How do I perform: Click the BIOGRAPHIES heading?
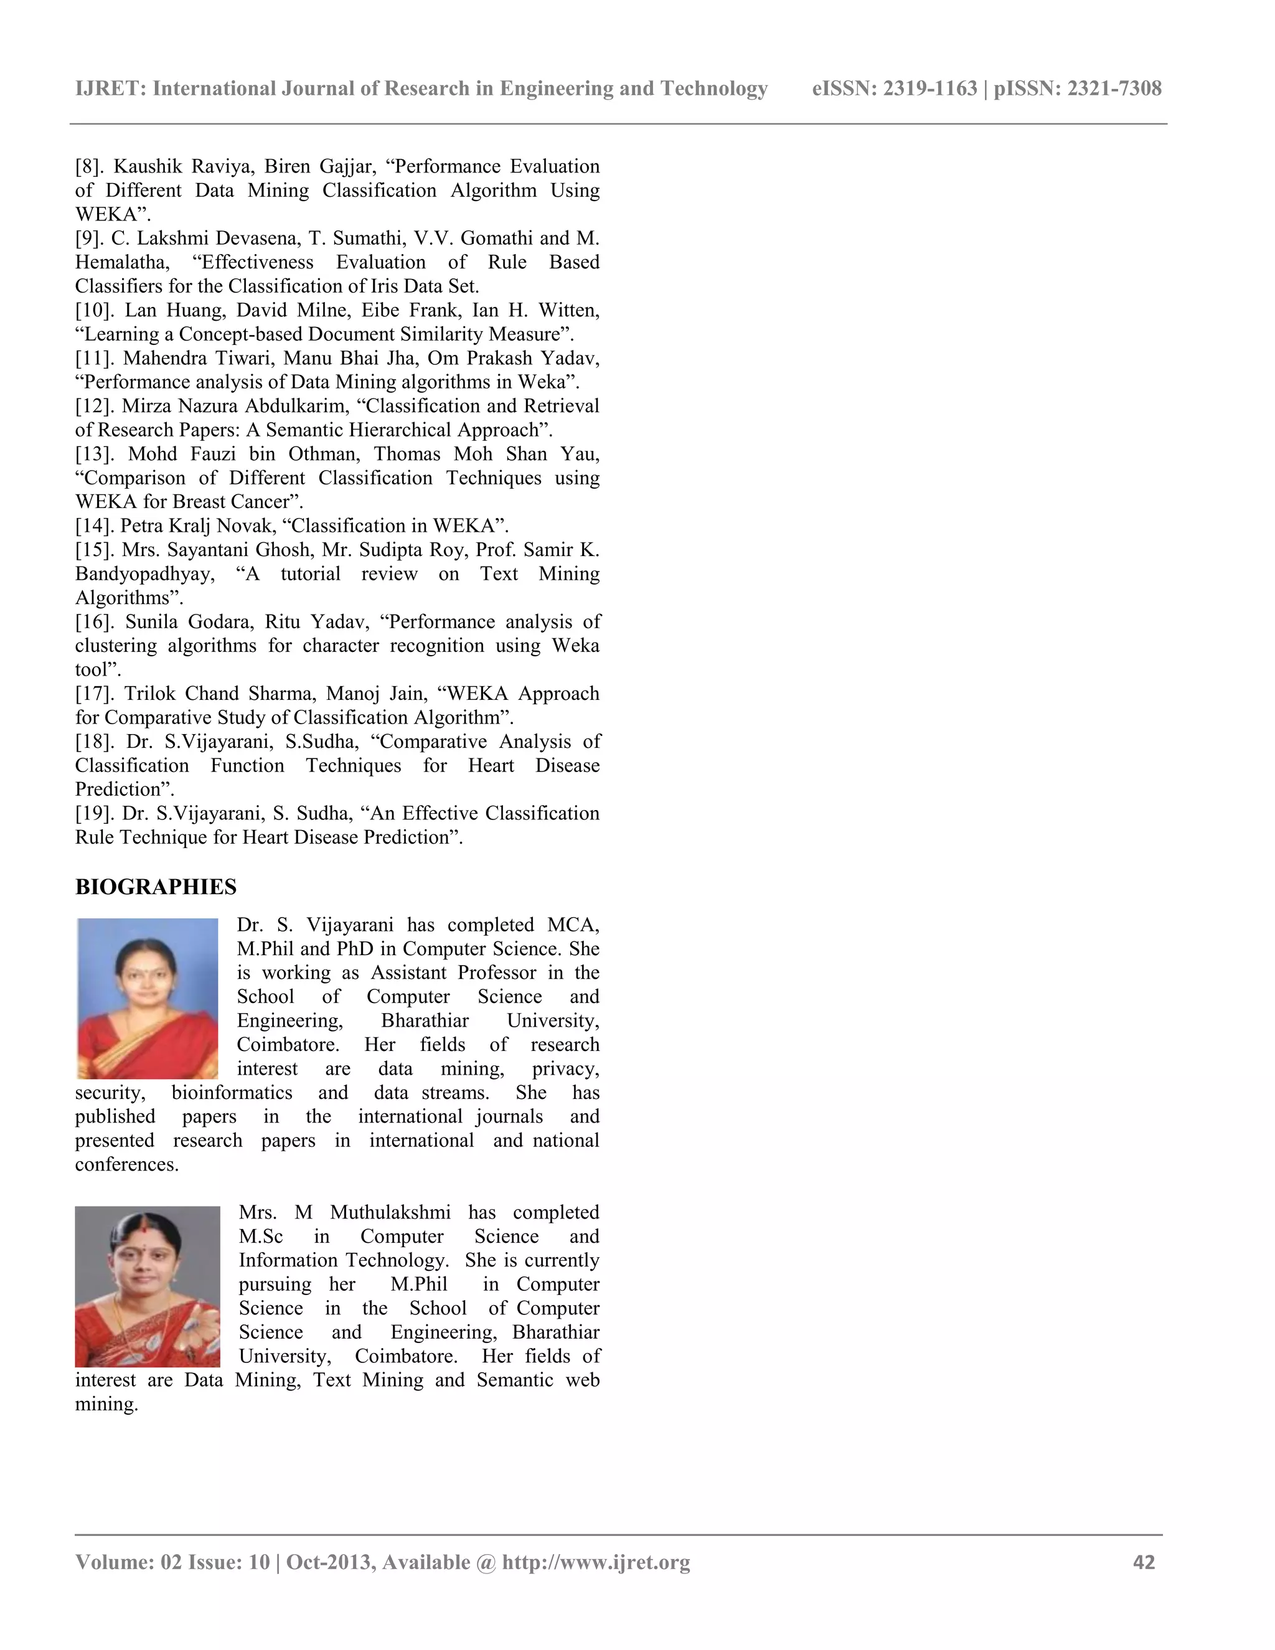[156, 887]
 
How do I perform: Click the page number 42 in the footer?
[1144, 1562]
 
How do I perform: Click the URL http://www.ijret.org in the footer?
[596, 1562]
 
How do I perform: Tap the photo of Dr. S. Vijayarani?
[148, 998]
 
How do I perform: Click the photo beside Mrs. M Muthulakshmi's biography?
[148, 1286]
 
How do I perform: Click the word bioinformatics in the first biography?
[231, 1093]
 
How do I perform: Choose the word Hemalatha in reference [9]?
[121, 262]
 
